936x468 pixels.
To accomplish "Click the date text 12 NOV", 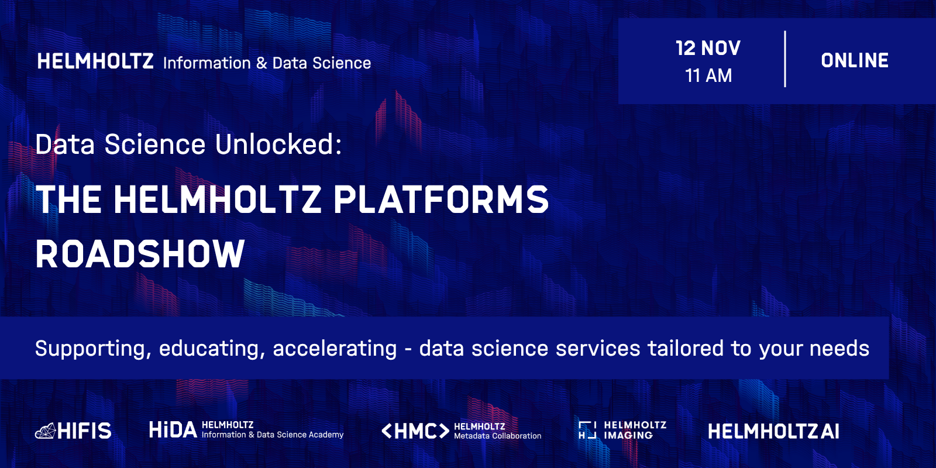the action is [x=708, y=48].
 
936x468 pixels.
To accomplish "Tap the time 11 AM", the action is [x=708, y=75].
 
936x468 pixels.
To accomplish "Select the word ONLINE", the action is [x=855, y=61].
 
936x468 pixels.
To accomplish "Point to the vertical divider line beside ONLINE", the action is [x=785, y=59].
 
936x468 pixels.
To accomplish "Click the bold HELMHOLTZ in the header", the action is [x=95, y=61].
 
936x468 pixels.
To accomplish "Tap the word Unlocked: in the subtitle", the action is [x=278, y=144].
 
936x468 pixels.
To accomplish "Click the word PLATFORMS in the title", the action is [x=441, y=199].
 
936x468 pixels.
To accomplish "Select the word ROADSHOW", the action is [x=140, y=254].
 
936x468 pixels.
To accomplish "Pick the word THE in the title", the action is [x=68, y=199].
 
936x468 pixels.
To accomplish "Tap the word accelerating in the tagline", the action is [x=335, y=348].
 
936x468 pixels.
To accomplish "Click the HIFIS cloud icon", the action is [x=46, y=431].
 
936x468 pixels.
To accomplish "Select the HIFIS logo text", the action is [x=84, y=431].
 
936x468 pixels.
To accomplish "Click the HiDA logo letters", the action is [x=173, y=429].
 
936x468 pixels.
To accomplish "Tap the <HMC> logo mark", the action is [x=415, y=431].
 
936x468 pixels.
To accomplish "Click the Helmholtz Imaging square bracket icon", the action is [x=587, y=430].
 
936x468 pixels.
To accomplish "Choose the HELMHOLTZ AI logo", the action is [x=773, y=431].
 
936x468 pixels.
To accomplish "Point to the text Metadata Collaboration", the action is [x=498, y=436].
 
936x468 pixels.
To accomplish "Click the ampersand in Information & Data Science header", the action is [x=261, y=63].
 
